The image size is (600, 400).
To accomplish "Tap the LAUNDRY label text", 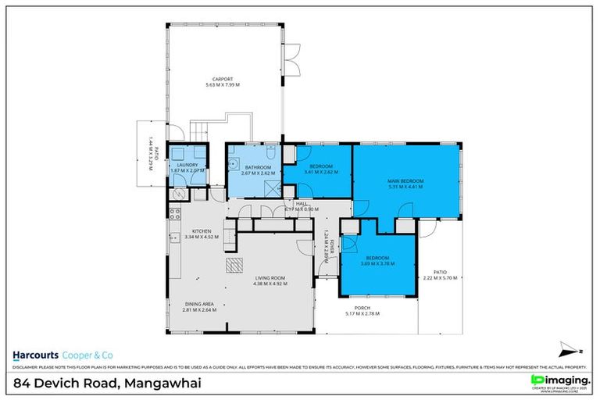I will [187, 165].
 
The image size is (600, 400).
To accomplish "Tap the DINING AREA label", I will [199, 303].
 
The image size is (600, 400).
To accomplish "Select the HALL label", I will [301, 204].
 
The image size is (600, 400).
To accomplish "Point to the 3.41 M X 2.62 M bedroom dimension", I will [320, 172].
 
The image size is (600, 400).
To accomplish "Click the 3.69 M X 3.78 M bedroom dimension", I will [378, 263].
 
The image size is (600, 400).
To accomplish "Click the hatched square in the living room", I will [234, 266].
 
